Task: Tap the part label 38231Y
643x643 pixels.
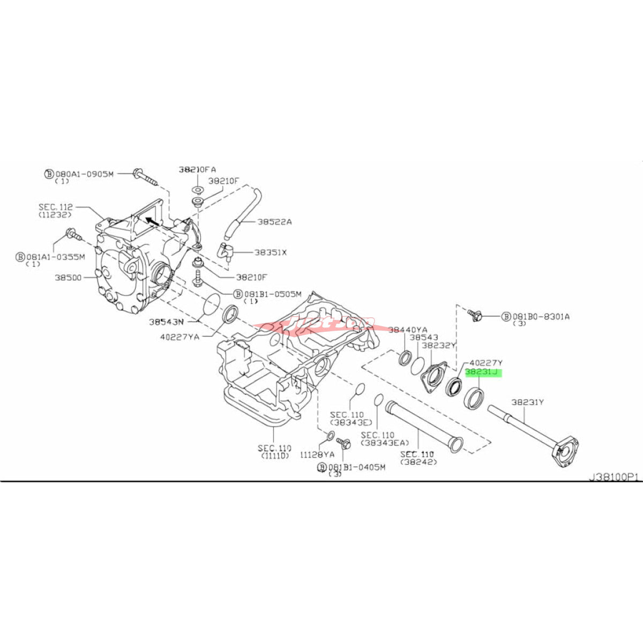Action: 527,402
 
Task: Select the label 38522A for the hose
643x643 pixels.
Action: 274,221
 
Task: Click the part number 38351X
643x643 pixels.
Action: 270,252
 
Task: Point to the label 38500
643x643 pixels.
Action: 68,278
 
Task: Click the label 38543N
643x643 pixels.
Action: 166,322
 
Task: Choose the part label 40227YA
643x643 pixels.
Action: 180,337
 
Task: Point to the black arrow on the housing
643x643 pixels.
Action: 152,220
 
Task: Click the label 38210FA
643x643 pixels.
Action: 197,169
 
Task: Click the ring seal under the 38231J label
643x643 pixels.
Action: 474,397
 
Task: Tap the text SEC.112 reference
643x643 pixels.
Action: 55,207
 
